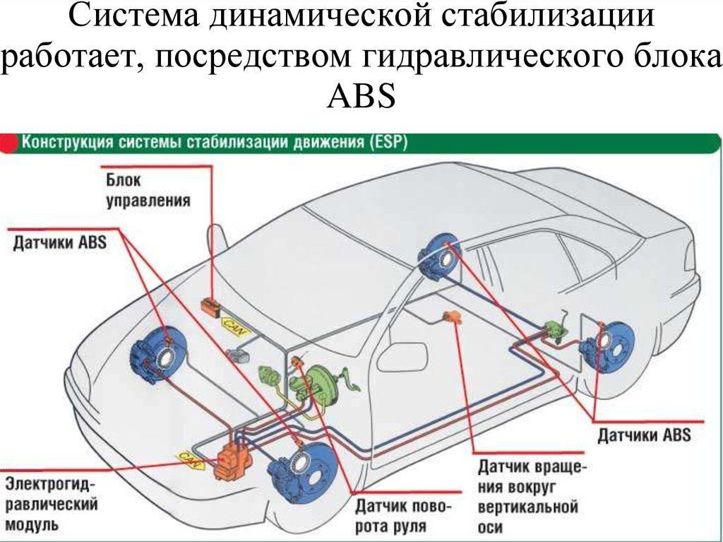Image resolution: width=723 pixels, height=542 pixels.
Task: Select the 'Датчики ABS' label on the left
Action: point(59,242)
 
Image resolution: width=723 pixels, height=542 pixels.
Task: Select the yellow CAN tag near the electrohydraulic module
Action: point(189,459)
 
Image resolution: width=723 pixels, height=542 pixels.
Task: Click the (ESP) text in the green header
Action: point(387,141)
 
